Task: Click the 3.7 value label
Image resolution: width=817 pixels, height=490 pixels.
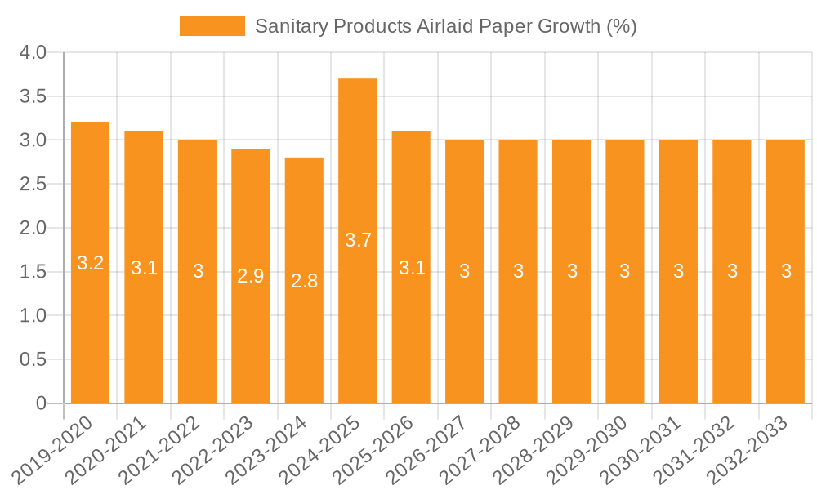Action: point(358,240)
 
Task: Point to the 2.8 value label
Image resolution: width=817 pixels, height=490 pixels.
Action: point(304,281)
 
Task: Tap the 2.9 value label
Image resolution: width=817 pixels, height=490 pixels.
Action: point(251,276)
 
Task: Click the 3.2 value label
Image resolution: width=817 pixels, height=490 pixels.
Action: point(90,263)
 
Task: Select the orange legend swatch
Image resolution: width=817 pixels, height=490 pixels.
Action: point(212,26)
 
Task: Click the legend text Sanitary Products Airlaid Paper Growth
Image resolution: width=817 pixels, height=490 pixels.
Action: point(445,26)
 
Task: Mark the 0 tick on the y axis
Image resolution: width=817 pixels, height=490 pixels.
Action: point(42,403)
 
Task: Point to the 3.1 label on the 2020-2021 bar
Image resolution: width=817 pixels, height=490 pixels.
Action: point(144,268)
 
